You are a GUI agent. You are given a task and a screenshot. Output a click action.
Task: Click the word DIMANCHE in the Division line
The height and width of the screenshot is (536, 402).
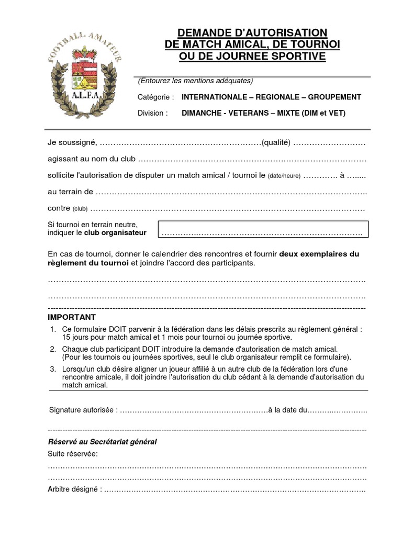click(x=199, y=113)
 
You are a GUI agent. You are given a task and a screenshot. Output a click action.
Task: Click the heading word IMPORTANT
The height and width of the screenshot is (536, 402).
click(x=72, y=317)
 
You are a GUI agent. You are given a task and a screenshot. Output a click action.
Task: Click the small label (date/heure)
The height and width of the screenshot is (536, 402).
click(x=284, y=176)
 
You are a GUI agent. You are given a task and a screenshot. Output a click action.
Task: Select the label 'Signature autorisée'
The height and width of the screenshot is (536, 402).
click(x=83, y=409)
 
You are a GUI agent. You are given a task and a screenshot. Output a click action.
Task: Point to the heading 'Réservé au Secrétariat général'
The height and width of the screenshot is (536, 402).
click(x=102, y=442)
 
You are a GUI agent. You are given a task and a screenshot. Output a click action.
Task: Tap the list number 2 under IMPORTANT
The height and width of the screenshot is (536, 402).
click(x=53, y=349)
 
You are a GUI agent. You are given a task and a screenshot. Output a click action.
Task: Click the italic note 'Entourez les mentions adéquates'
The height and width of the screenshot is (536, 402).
click(x=196, y=81)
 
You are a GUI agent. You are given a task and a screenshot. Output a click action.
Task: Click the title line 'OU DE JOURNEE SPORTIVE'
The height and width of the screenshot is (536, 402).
click(x=252, y=57)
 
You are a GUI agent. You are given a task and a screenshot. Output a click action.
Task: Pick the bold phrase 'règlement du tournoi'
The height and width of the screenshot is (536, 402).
click(x=88, y=263)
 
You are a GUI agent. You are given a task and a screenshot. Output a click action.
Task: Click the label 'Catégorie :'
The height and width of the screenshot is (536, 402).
click(x=155, y=97)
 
